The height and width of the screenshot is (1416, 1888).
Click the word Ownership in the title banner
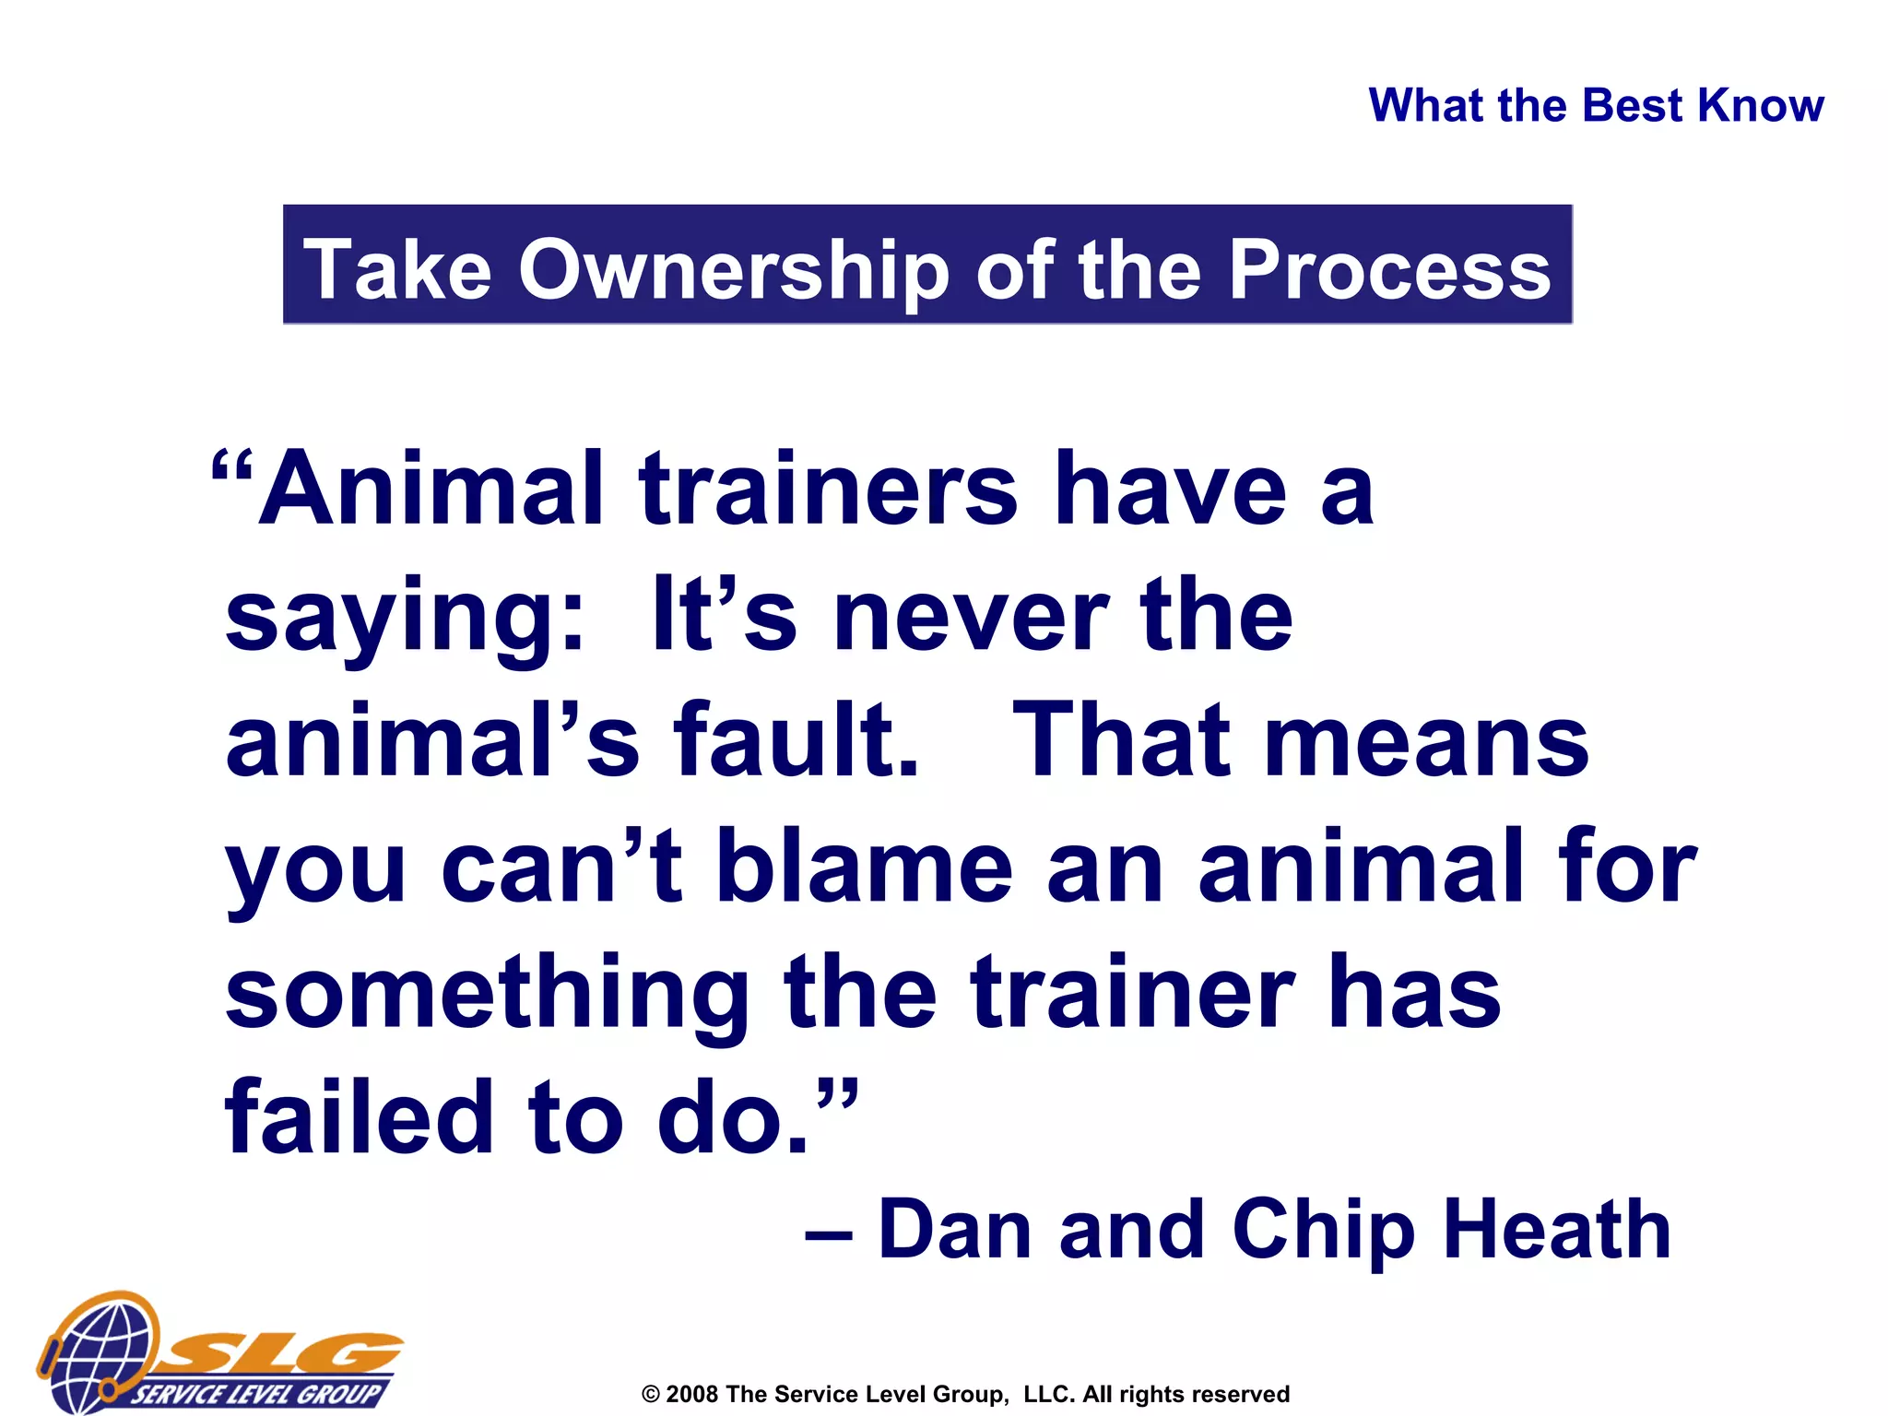click(733, 269)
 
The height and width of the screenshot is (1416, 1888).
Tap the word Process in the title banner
click(1390, 269)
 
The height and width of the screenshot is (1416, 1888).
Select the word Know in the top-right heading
click(1760, 105)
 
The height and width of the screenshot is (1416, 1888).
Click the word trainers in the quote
click(828, 489)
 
